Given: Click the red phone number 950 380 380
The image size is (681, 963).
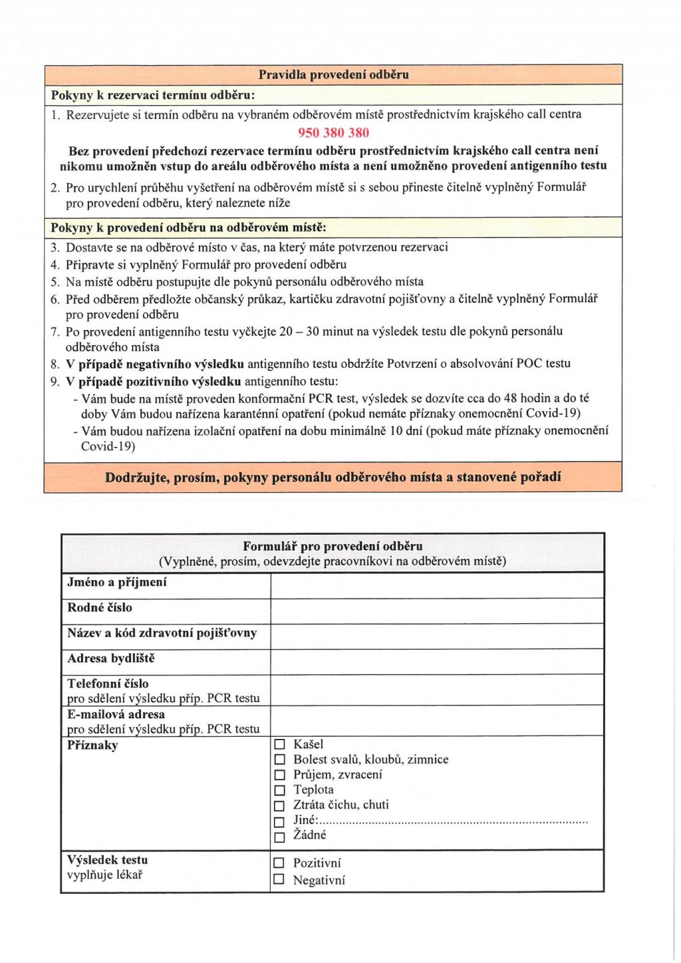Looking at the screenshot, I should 333,132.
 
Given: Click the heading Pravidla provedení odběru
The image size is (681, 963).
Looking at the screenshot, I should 333,74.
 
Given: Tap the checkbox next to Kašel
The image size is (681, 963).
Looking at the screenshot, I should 280,745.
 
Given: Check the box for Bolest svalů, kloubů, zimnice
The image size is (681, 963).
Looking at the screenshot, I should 280,760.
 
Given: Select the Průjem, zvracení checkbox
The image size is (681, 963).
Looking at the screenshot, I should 280,775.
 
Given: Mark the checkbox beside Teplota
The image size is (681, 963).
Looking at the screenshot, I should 280,791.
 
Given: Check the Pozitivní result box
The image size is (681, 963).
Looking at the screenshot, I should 280,864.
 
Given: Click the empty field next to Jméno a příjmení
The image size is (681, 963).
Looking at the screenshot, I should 436,585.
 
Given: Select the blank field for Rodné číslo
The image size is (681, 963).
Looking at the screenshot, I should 436,611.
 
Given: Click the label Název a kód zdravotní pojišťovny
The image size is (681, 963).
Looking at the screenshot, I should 162,633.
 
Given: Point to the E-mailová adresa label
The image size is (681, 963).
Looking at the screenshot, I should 116,714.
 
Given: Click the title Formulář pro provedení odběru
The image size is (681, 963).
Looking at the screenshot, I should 333,547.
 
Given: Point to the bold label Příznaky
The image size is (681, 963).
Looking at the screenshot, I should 92,746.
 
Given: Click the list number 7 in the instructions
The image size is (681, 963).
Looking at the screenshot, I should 55,331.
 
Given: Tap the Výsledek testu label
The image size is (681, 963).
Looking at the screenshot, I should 108,860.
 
